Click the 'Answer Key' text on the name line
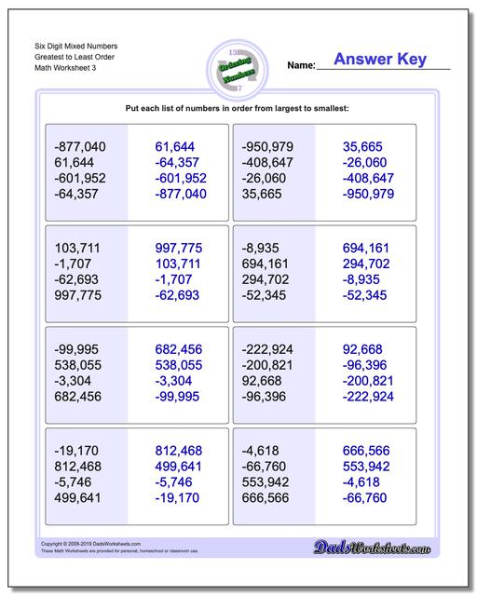tap(380, 60)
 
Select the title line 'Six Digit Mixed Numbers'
tap(77, 45)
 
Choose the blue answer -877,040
tap(181, 194)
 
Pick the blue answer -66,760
tap(366, 498)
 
